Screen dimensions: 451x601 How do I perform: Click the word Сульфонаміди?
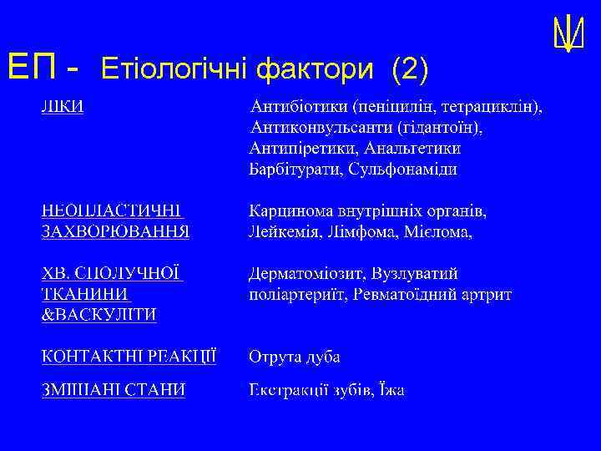click(403, 170)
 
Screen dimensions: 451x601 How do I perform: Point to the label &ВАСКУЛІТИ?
click(99, 315)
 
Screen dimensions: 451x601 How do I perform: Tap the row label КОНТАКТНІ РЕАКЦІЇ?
click(129, 357)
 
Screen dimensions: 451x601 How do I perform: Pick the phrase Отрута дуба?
click(294, 357)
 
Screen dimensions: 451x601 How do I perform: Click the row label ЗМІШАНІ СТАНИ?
click(113, 391)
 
